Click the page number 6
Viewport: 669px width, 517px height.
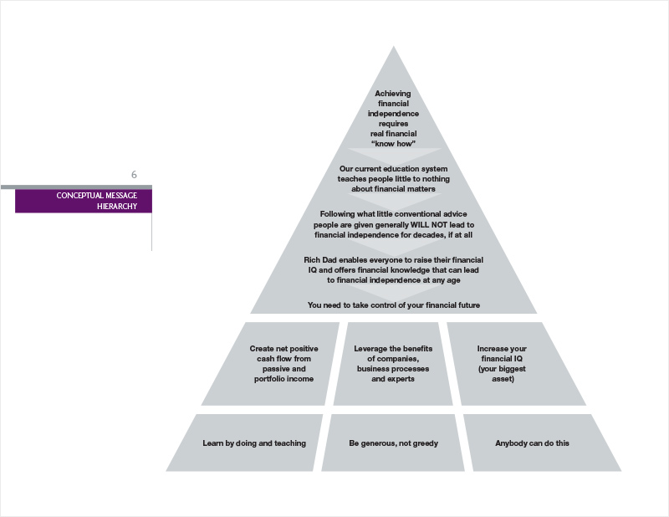tap(134, 175)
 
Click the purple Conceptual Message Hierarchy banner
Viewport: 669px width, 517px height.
tap(84, 201)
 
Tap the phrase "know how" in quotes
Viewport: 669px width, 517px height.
tap(393, 145)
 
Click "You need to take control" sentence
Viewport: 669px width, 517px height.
tap(393, 305)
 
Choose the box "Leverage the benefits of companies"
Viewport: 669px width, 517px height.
tap(393, 364)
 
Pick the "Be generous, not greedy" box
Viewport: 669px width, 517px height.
tap(393, 443)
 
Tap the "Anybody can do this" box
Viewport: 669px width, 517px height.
tap(532, 443)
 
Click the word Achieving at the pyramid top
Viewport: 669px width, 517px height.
tap(394, 93)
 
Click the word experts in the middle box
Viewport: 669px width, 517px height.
tap(407, 379)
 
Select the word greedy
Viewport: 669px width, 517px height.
tap(424, 443)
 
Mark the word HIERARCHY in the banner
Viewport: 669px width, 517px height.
tap(118, 207)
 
